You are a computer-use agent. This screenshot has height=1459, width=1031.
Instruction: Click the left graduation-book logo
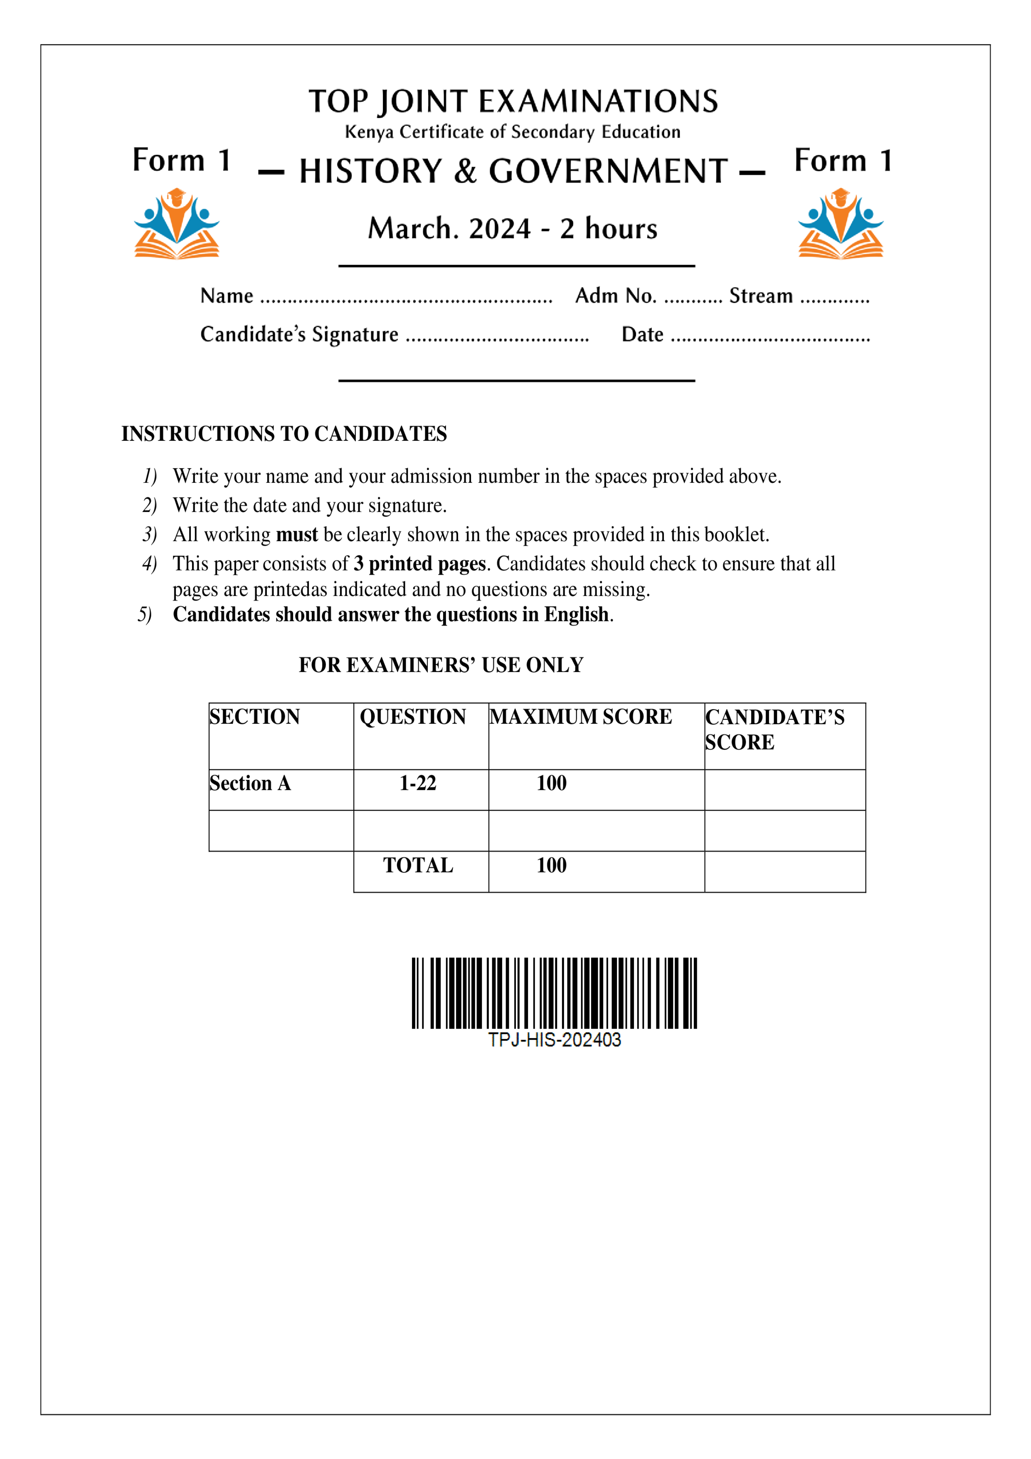[177, 224]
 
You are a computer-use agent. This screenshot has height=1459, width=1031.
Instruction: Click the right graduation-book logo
[841, 224]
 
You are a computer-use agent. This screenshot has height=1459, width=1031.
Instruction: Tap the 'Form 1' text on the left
[181, 160]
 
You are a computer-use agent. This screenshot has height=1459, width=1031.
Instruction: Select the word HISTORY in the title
[370, 172]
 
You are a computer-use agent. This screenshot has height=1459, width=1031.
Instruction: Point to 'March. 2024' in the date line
[449, 229]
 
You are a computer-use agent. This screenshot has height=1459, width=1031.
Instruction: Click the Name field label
[227, 296]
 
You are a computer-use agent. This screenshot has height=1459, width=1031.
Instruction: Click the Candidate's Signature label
[299, 334]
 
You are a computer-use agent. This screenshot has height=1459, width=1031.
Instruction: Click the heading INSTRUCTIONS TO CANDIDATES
[284, 434]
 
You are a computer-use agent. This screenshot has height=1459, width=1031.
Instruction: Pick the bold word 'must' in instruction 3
[297, 534]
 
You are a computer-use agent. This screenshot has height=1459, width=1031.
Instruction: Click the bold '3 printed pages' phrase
[420, 564]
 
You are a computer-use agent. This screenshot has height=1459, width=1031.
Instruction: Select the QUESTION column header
[413, 717]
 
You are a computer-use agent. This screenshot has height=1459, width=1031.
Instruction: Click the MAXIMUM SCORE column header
[581, 717]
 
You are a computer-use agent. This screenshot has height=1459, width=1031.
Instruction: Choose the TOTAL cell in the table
[418, 866]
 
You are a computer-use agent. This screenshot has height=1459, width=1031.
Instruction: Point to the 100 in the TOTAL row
[551, 866]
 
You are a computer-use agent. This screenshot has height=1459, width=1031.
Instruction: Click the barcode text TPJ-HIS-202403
[554, 1040]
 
